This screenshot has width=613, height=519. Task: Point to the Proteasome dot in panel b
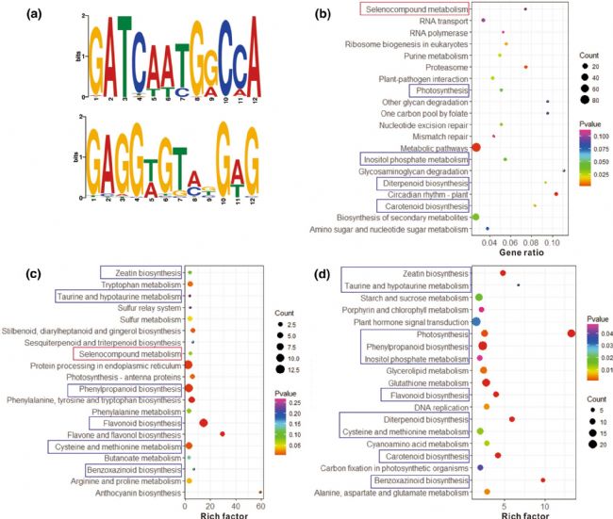(x=525, y=67)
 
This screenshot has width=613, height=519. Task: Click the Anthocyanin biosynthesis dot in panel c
(x=260, y=492)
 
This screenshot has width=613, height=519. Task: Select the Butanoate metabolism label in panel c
(x=140, y=457)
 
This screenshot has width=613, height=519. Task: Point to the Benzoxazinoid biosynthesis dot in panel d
(x=543, y=479)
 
